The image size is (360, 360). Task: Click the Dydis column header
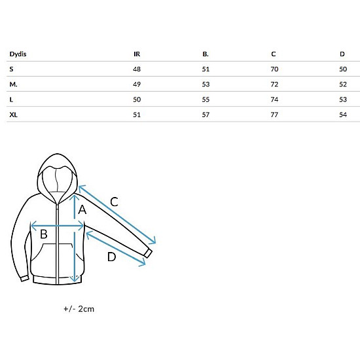coord(18,54)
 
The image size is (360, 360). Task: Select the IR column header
coord(137,54)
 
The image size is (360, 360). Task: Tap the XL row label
coord(13,115)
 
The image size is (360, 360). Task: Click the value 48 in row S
coord(137,69)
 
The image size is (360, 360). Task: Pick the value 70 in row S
coord(274,69)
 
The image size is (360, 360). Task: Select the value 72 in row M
coord(274,84)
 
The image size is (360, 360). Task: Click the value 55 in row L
coord(206,99)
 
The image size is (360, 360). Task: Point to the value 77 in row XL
coord(274,115)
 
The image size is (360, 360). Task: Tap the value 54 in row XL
coord(343,115)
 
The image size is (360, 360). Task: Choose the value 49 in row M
coord(137,84)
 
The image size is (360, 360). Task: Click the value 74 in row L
coord(274,99)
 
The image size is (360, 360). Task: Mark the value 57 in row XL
coord(206,115)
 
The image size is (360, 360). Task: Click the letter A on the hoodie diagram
coord(82,209)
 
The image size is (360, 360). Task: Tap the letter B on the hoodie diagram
coord(44,234)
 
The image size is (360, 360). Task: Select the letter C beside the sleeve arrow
coord(114,202)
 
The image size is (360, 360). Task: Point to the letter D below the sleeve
coord(111,257)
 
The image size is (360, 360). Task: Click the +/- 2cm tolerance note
coord(79,309)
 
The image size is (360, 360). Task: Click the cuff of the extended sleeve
coord(149,253)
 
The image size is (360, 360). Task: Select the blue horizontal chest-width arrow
coord(57,226)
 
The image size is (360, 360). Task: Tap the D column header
coord(342,54)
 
